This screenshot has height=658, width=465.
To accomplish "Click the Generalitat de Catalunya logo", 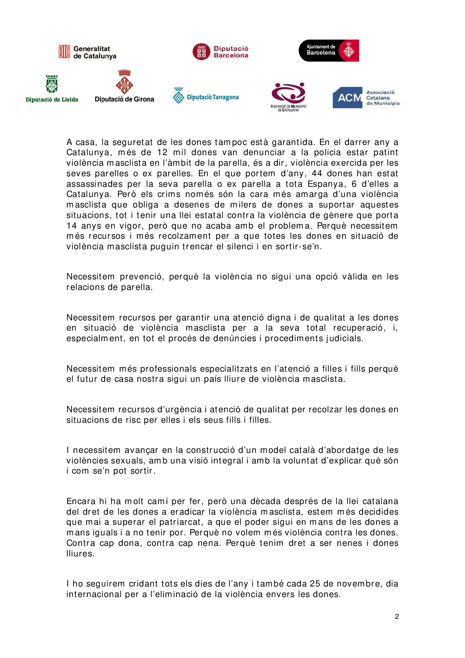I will tap(87, 52).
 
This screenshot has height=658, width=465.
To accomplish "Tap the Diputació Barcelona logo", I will tap(220, 52).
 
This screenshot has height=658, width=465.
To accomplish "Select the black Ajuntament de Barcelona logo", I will tap(329, 50).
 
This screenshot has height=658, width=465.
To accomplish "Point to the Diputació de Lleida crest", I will tap(52, 84).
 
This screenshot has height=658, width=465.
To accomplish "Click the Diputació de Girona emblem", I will tap(124, 82).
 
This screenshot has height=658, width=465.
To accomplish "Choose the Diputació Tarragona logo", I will tap(206, 96).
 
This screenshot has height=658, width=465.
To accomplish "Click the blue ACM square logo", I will tap(347, 98).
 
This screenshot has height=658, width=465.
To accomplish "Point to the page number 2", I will tap(397, 617).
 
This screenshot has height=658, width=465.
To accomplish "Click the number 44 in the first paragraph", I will tap(317, 173).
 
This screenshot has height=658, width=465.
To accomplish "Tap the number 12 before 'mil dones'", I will tap(162, 152).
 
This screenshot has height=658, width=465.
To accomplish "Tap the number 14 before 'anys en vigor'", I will tap(72, 226).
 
